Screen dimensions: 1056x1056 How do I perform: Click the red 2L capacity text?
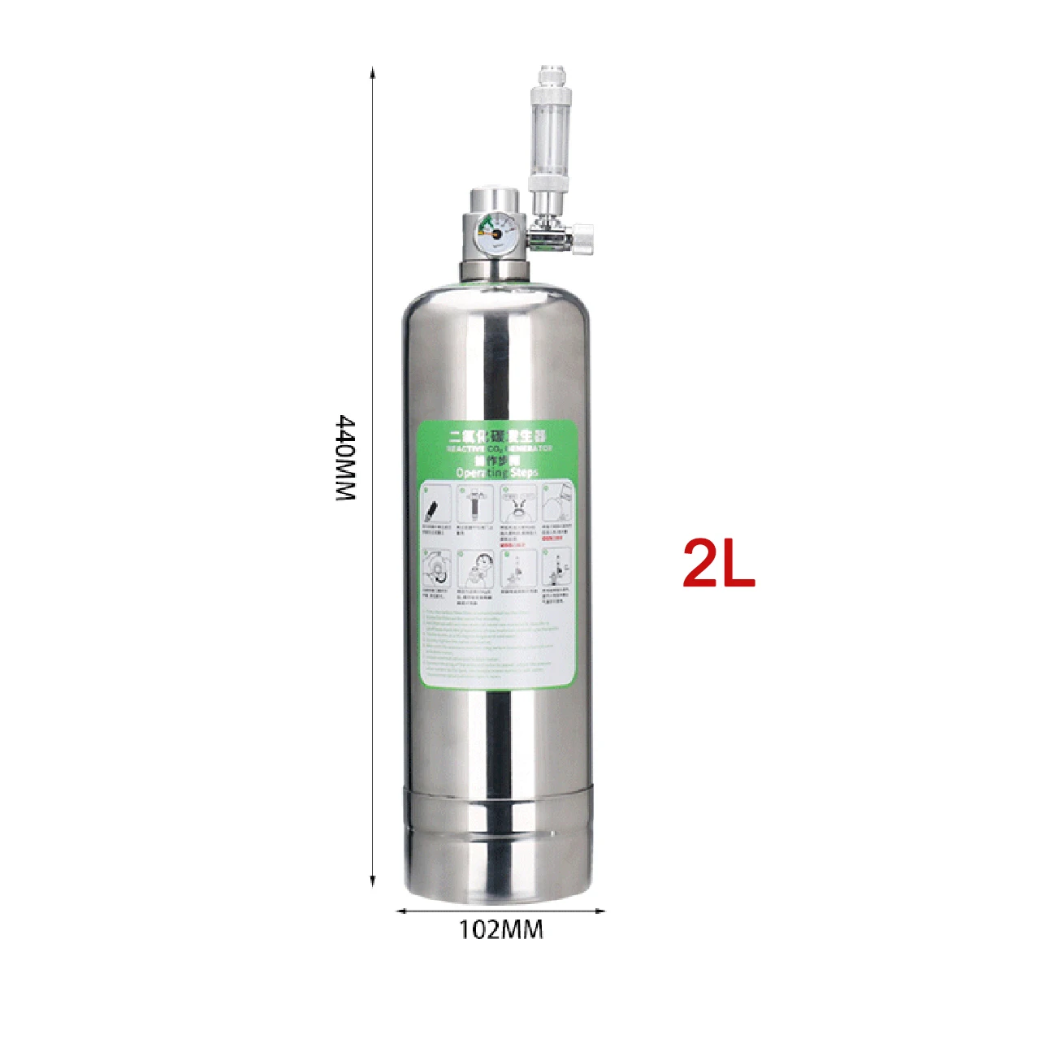719,563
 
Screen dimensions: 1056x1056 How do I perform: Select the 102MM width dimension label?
500,929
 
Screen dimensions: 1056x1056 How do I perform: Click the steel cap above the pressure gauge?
492,201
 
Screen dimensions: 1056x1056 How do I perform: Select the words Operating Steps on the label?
497,473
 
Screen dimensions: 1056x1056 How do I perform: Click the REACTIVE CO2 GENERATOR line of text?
499,448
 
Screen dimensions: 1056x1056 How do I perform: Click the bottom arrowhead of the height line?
373,882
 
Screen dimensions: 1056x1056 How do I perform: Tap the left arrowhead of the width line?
400,911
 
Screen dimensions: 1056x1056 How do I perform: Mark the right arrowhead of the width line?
601,911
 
